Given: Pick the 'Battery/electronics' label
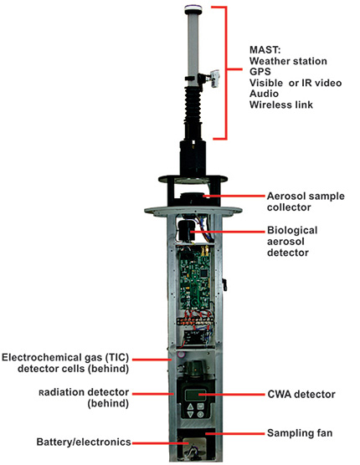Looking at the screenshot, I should pos(85,442).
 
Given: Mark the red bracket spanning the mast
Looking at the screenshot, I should pos(226,71).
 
